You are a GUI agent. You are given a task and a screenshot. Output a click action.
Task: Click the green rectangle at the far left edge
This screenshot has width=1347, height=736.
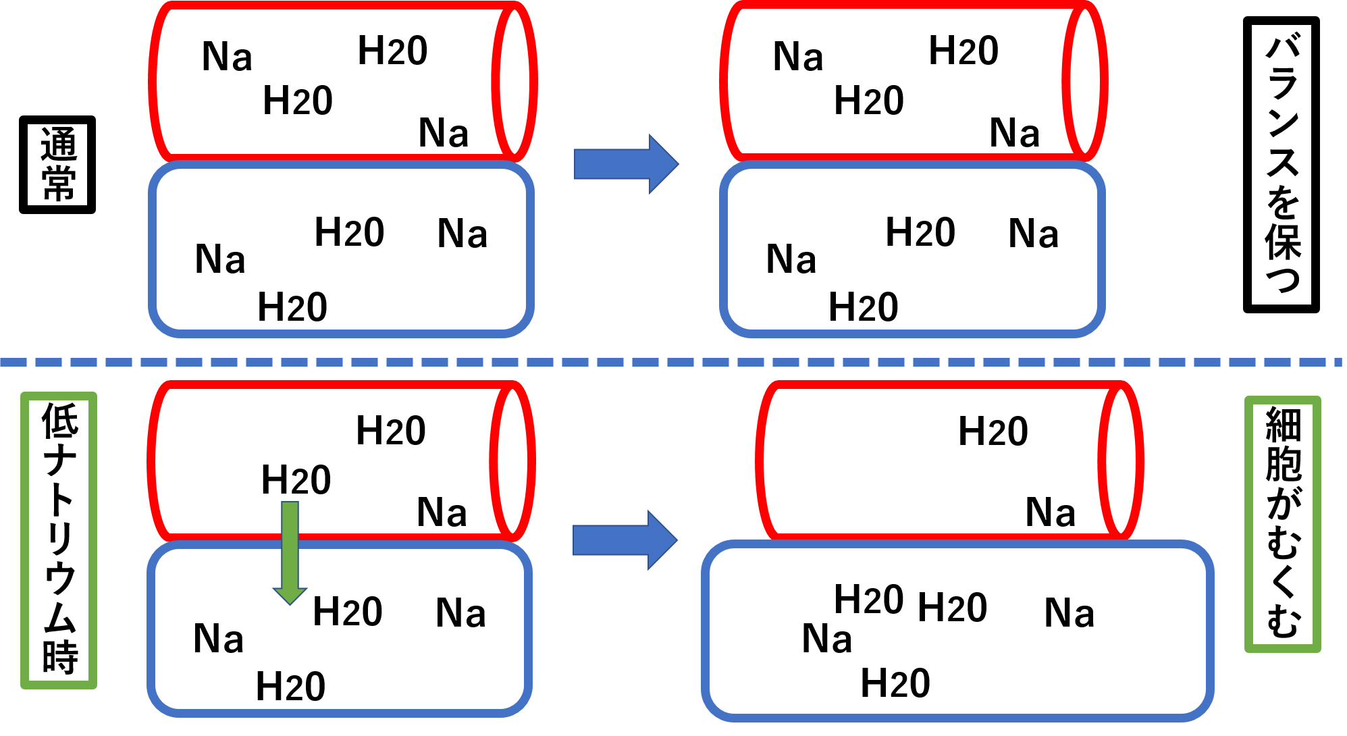point(59,540)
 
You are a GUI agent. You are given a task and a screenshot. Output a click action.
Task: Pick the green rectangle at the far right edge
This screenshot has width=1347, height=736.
point(1282,524)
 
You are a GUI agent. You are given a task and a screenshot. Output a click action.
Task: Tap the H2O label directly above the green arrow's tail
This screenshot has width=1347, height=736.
point(296,480)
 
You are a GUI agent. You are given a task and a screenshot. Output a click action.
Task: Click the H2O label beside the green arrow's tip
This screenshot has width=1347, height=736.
point(347,612)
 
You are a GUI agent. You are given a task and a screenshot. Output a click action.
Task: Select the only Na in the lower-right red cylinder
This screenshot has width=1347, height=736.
point(1050,512)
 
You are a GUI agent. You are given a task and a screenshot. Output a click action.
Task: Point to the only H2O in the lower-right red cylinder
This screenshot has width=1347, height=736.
point(993,431)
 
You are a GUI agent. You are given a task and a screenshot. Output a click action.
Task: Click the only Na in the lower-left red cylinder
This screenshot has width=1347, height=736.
point(442,512)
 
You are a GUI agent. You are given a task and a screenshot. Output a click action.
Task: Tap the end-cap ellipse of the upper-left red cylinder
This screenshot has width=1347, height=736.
point(514,81)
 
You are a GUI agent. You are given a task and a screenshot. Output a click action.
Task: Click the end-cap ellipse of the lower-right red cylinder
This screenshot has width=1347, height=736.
point(1121,461)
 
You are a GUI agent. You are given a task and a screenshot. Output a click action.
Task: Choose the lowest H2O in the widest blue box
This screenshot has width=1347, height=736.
point(895,683)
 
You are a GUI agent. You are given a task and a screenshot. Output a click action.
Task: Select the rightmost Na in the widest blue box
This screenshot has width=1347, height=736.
point(1069,613)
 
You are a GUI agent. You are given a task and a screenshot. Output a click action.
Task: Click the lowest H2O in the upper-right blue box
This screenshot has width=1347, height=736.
point(863,307)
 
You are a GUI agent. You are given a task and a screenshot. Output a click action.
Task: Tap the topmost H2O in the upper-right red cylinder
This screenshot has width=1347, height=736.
point(963,51)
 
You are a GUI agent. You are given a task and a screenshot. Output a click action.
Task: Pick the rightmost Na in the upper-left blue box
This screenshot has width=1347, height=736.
point(462,234)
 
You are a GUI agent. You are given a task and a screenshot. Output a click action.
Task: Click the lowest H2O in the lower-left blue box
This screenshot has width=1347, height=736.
point(290,687)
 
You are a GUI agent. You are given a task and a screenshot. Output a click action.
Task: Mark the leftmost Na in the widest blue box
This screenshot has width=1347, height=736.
point(826,639)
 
